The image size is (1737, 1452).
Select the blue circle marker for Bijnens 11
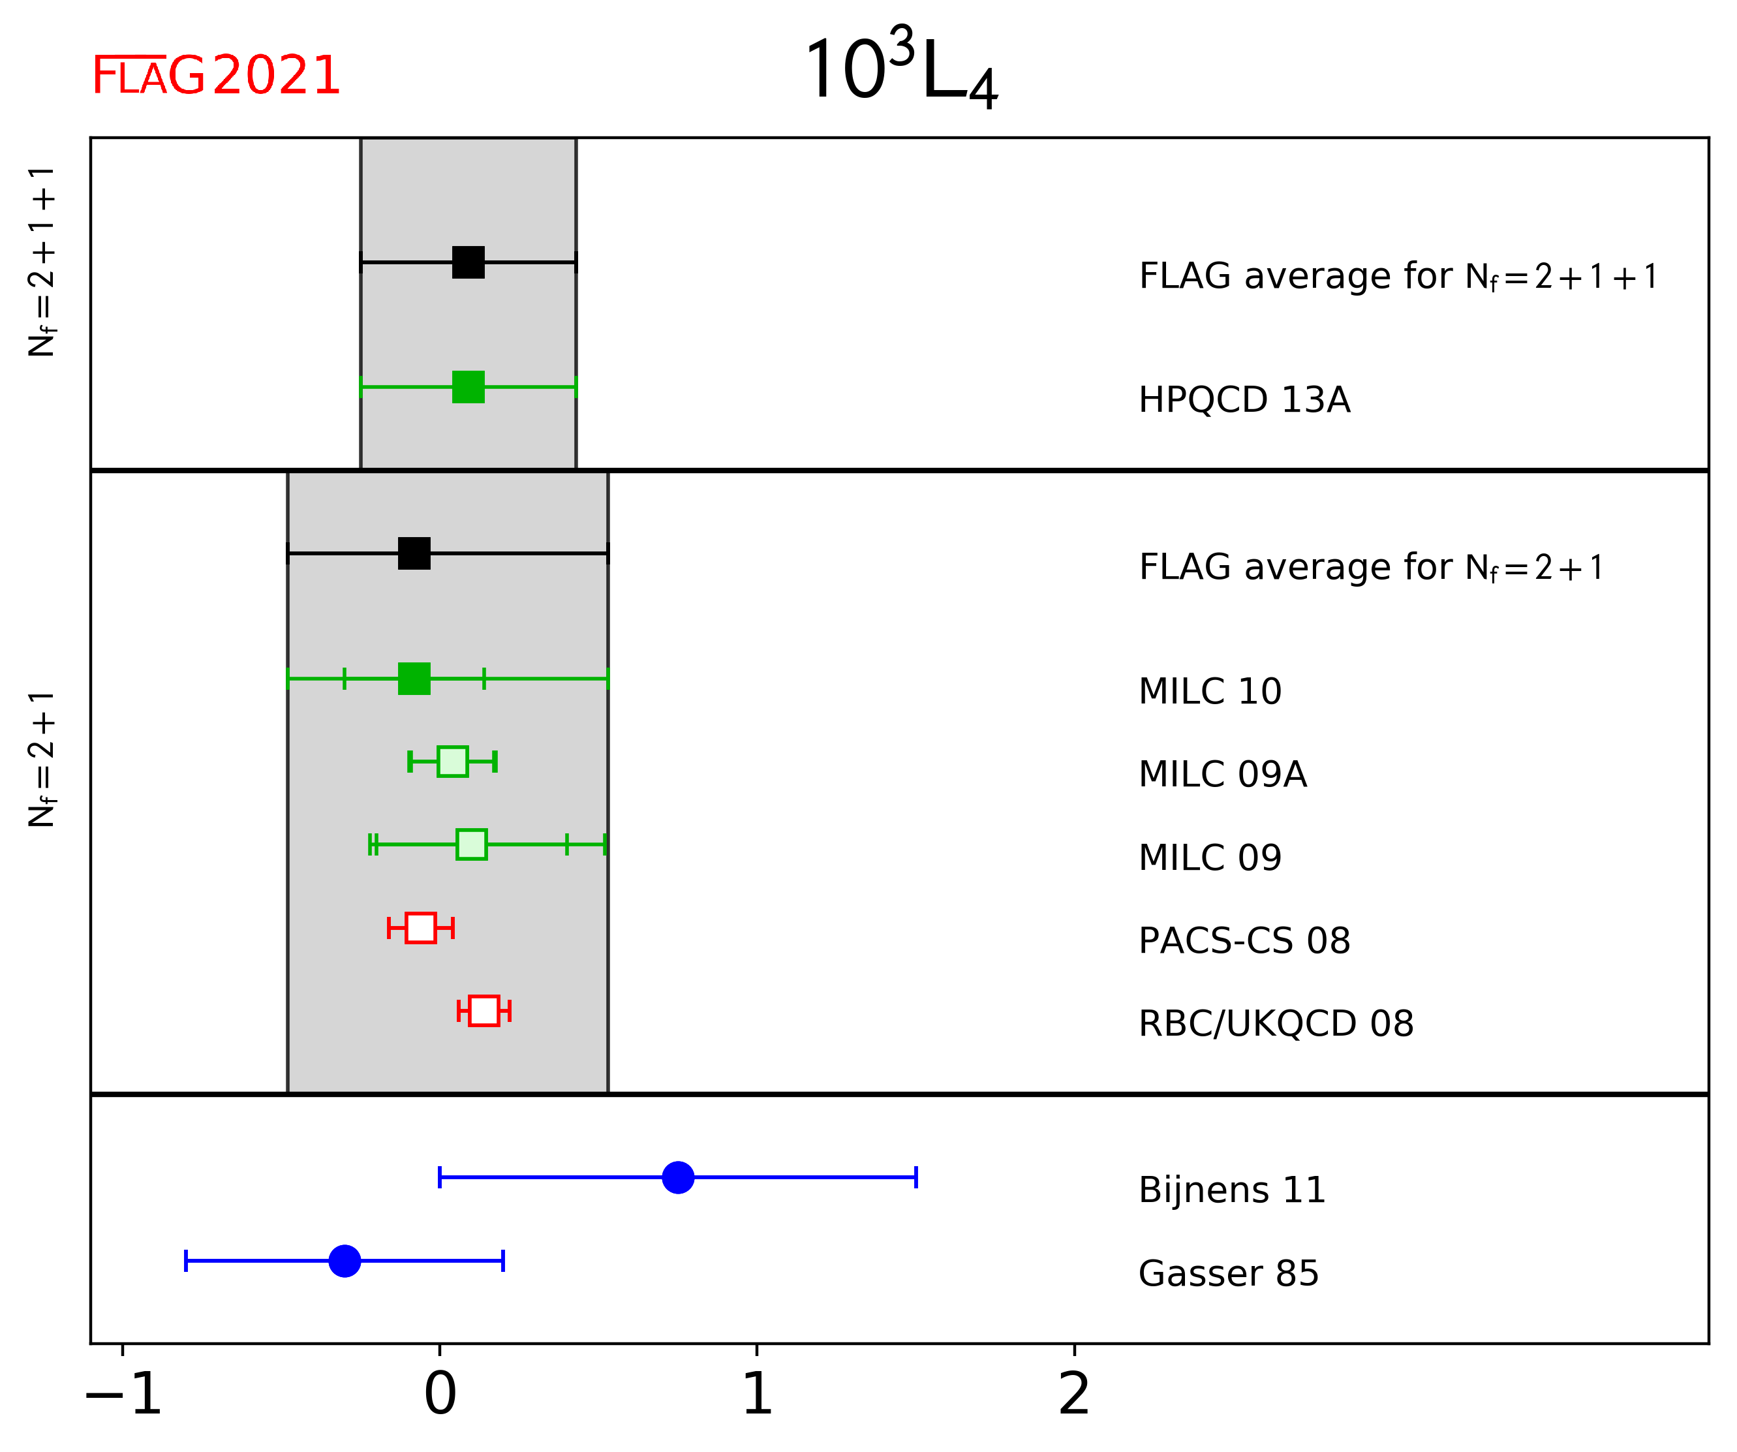pyautogui.click(x=678, y=1177)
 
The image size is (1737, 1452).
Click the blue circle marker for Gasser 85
pyautogui.click(x=345, y=1261)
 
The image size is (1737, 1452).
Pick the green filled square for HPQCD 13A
pyautogui.click(x=468, y=386)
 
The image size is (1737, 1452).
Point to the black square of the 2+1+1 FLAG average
pyautogui.click(x=468, y=262)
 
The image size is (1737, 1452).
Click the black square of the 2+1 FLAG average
pyautogui.click(x=414, y=553)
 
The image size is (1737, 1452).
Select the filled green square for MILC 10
pyautogui.click(x=414, y=679)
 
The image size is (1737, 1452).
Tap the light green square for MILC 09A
pyautogui.click(x=452, y=761)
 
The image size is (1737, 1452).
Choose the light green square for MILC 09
pyautogui.click(x=472, y=844)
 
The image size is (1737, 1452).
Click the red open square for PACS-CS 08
pyautogui.click(x=421, y=928)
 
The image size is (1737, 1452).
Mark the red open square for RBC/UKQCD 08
pyautogui.click(x=484, y=1011)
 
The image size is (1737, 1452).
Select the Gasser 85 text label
pyautogui.click(x=1228, y=1273)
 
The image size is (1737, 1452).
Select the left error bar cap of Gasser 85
pyautogui.click(x=186, y=1261)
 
